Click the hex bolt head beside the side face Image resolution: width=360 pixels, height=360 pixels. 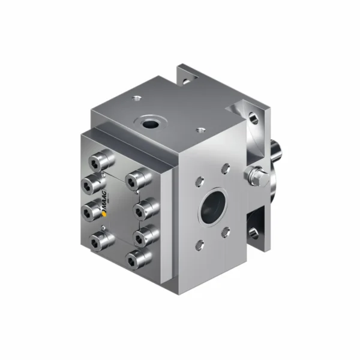coord(253,175)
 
